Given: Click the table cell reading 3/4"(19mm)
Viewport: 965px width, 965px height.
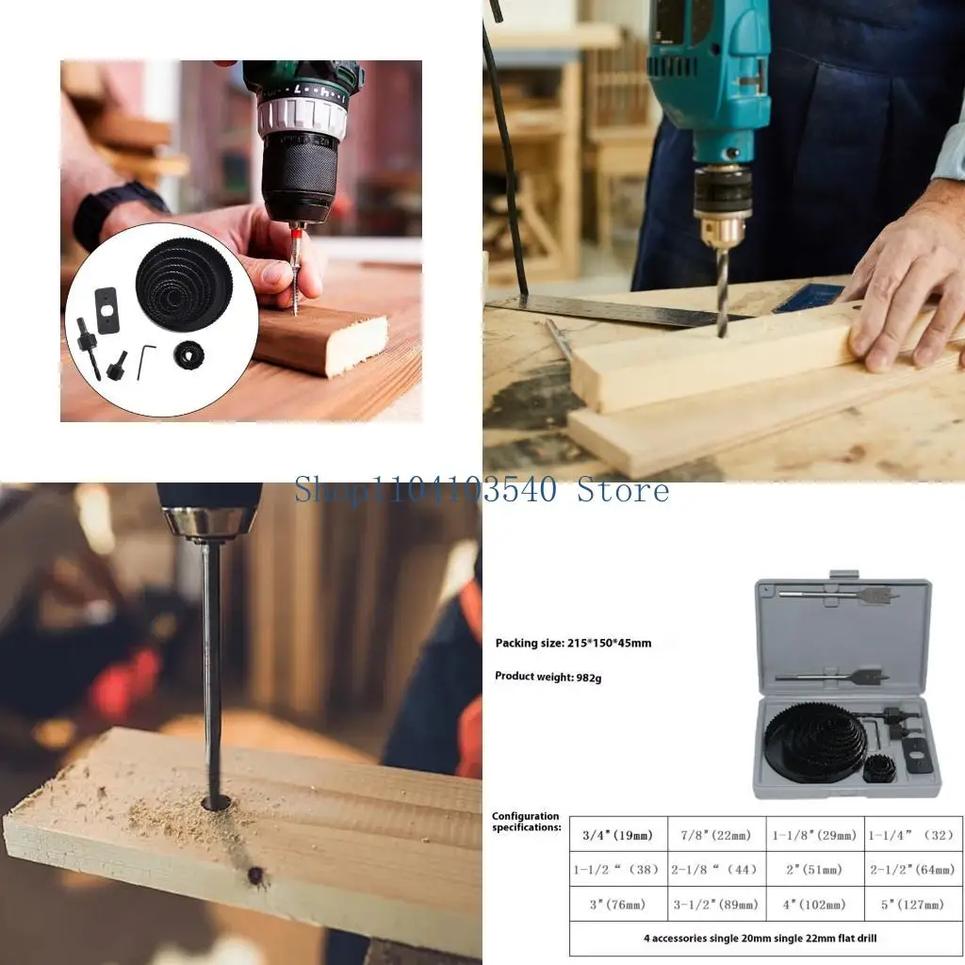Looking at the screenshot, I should click(618, 835).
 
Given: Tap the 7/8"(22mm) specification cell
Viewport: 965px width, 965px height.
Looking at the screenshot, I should click(716, 835).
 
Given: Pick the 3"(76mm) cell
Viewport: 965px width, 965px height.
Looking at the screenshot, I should click(618, 905).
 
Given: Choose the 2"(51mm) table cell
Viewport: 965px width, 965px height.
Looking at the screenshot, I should click(814, 870).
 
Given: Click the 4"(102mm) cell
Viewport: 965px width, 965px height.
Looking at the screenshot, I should click(814, 905).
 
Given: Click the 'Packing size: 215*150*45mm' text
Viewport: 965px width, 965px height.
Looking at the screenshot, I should click(573, 644).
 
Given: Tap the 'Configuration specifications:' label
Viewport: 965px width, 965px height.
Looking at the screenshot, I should click(526, 822).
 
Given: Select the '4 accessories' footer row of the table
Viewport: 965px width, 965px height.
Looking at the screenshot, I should click(765, 939).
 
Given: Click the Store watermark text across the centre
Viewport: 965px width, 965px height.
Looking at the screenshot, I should click(482, 490).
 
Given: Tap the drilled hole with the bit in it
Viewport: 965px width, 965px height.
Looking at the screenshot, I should click(217, 803).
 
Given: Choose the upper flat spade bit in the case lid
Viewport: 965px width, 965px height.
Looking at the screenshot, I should click(838, 595).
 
